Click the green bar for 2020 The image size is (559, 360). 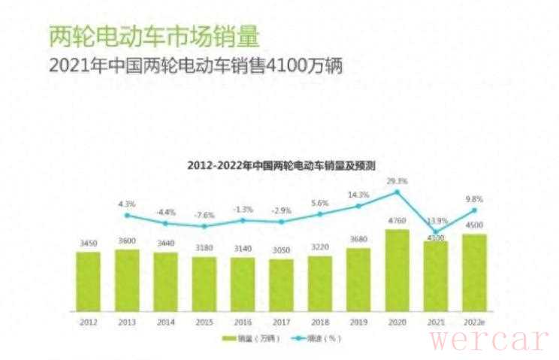[x=397, y=270]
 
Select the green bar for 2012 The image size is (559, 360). [x=88, y=281]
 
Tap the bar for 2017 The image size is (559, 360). [x=281, y=285]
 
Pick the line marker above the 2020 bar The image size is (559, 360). [x=397, y=192]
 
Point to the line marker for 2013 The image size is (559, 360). [x=126, y=216]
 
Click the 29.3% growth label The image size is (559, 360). [x=397, y=180]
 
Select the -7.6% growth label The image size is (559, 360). [x=204, y=214]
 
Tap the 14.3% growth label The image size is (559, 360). [x=358, y=194]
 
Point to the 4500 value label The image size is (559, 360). [x=474, y=225]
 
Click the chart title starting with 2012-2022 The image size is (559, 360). [x=281, y=165]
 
